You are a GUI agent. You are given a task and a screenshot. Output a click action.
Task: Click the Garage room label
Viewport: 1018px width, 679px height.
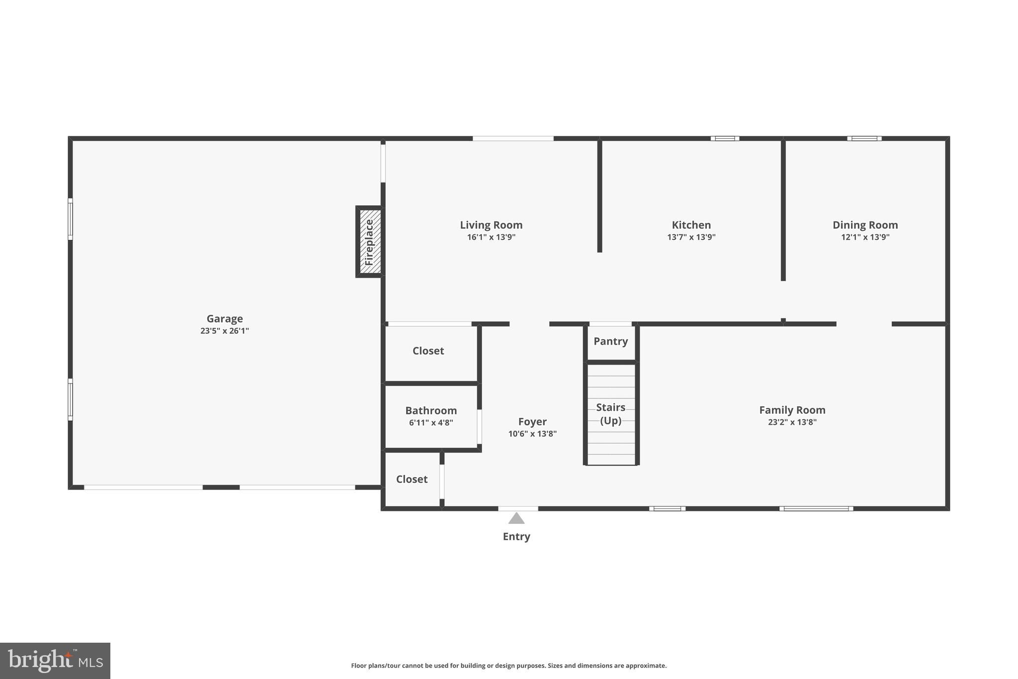[x=225, y=318]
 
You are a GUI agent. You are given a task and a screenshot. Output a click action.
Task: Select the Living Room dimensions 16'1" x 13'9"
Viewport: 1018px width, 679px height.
[x=491, y=237]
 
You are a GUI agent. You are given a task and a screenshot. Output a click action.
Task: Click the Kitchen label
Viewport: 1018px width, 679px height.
[x=691, y=225]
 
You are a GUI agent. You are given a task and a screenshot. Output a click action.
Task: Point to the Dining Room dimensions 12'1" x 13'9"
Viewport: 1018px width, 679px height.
[x=865, y=237]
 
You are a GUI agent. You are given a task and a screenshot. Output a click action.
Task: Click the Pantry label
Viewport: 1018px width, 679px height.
[x=610, y=341]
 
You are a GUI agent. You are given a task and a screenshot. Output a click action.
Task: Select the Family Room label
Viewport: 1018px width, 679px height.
[x=792, y=410]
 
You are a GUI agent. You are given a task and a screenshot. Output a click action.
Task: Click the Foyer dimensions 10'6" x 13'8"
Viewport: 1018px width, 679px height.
[x=532, y=434]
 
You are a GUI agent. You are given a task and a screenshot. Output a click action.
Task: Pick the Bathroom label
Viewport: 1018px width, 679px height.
[x=430, y=410]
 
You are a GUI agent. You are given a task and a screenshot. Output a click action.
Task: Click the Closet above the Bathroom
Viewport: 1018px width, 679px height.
[x=428, y=351]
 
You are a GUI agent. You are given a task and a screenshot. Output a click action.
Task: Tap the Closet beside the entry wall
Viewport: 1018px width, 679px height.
[x=412, y=479]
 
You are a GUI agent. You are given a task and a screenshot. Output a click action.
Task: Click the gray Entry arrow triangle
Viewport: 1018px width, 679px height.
[x=516, y=519]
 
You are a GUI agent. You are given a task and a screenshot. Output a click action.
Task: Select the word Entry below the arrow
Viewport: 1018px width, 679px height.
[x=516, y=536]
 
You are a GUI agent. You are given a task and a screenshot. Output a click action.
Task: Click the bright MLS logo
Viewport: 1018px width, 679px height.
[x=55, y=661]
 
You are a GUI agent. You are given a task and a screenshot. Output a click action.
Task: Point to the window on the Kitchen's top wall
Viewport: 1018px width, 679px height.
[x=725, y=138]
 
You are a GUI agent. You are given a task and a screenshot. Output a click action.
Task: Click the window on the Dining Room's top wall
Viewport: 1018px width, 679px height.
[x=864, y=138]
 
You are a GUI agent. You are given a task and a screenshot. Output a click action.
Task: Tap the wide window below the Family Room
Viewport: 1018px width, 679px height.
[x=816, y=508]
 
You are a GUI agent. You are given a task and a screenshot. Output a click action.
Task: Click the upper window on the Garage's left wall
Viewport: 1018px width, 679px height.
[x=70, y=219]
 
